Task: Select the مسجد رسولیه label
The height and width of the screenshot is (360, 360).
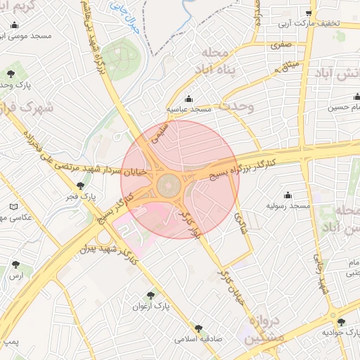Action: tap(288, 206)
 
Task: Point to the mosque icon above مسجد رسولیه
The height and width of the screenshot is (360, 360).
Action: tap(288, 195)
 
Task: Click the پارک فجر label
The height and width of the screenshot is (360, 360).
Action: tap(79, 198)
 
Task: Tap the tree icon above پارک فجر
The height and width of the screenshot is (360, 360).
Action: tap(80, 186)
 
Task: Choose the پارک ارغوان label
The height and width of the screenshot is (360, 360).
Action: tap(150, 307)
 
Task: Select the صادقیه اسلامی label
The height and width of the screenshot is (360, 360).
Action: tap(199, 338)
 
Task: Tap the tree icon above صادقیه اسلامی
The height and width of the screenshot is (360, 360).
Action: tap(199, 328)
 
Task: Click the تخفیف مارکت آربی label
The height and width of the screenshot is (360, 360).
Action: tap(309, 23)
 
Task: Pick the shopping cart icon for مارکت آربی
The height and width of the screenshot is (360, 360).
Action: tap(309, 13)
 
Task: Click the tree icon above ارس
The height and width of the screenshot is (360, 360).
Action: tap(15, 265)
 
